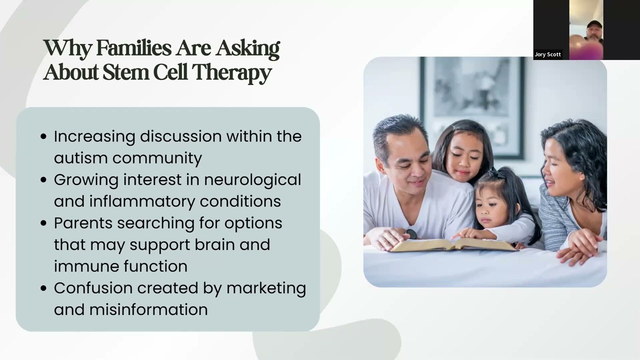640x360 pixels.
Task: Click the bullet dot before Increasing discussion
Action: (x=43, y=137)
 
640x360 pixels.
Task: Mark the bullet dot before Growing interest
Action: (x=43, y=180)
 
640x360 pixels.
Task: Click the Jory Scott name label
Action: (x=548, y=54)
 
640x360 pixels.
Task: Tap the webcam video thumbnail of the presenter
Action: (x=586, y=29)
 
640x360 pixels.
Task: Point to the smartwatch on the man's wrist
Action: (x=411, y=233)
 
